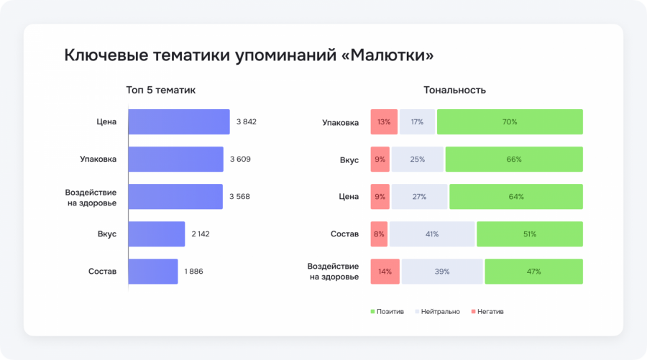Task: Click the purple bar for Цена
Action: click(x=179, y=122)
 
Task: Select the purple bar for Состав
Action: click(x=153, y=271)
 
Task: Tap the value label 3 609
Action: click(x=240, y=159)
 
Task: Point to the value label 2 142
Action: click(x=201, y=234)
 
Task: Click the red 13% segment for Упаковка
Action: click(x=383, y=122)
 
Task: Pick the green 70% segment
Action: click(x=510, y=122)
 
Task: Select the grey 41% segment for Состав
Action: click(x=432, y=234)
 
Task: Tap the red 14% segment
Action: click(x=385, y=272)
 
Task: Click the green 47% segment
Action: click(x=533, y=272)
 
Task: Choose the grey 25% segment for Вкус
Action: click(x=418, y=160)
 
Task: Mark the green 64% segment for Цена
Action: click(x=515, y=197)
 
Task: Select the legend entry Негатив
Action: click(x=487, y=311)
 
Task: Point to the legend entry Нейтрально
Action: click(x=437, y=311)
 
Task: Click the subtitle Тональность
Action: click(x=454, y=90)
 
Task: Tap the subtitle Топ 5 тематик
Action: click(x=160, y=90)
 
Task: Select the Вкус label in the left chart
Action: click(x=107, y=234)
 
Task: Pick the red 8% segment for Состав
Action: click(x=379, y=234)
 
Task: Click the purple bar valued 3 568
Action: click(x=175, y=196)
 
